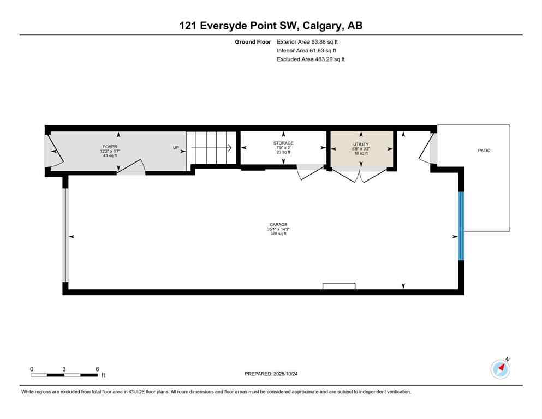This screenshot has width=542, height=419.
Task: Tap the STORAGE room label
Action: [283, 143]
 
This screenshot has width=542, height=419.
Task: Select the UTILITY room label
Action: [361, 145]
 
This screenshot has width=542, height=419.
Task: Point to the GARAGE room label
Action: [278, 225]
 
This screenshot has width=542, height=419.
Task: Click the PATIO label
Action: [483, 150]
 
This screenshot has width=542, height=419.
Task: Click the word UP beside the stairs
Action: [176, 147]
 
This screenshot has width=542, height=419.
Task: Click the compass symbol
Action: [501, 369]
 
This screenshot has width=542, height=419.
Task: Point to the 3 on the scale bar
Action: [64, 369]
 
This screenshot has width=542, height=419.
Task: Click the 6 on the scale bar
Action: [97, 369]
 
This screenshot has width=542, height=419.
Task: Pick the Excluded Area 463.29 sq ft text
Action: [311, 59]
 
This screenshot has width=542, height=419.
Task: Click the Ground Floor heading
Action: [253, 41]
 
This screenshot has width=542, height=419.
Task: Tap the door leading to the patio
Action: [427, 148]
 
